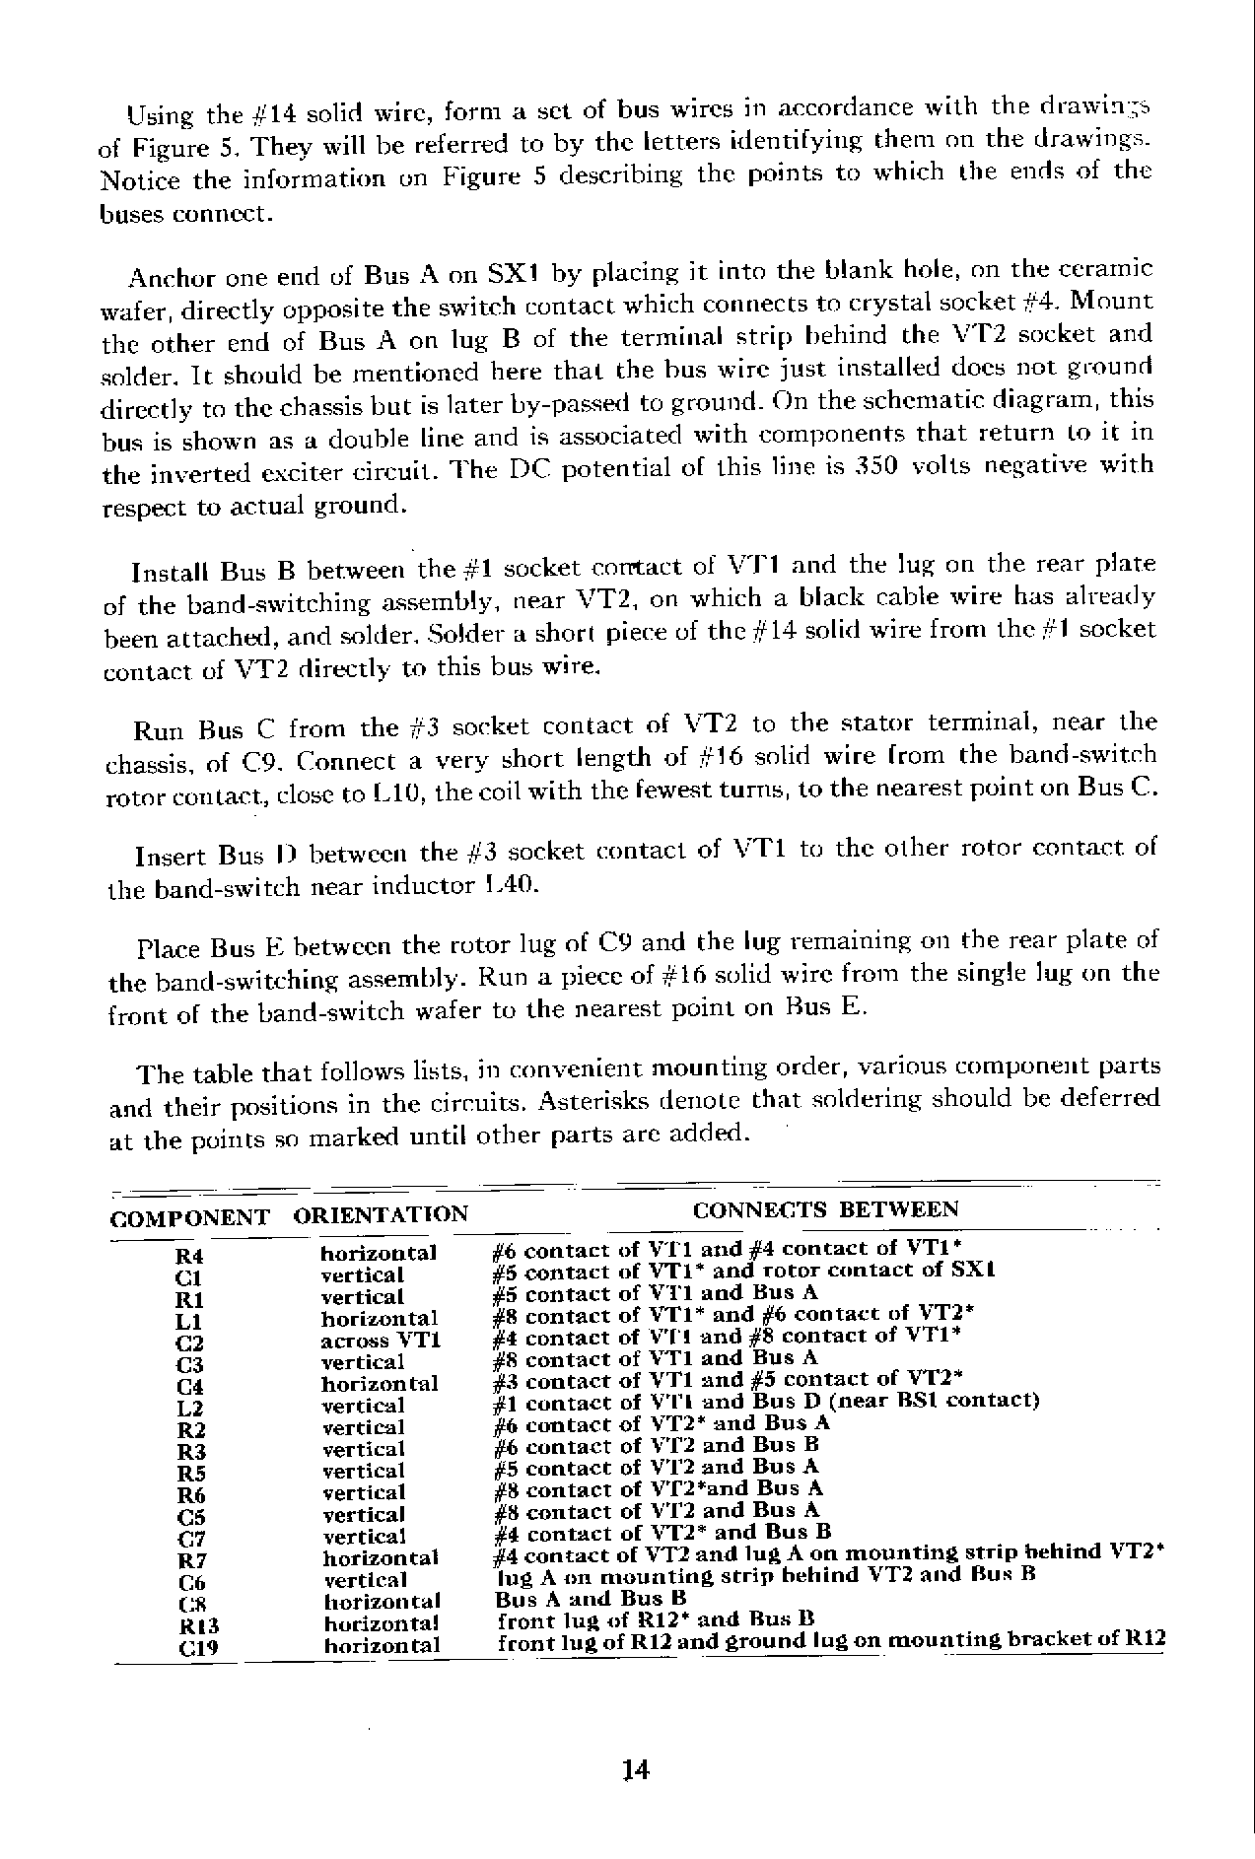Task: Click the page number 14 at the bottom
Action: click(x=636, y=1770)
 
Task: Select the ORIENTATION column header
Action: click(x=381, y=1213)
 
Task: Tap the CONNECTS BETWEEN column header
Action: click(x=825, y=1209)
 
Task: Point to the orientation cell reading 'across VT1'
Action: click(x=381, y=1341)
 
